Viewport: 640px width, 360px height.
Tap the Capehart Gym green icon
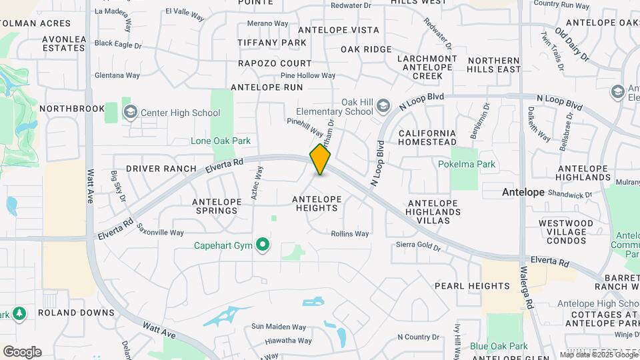tap(263, 245)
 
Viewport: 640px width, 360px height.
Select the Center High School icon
tap(129, 113)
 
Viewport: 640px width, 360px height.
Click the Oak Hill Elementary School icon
tap(383, 106)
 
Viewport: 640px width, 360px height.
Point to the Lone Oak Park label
tap(221, 141)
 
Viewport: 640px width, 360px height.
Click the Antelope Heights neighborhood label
tap(317, 203)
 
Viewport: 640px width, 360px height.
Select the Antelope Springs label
tap(215, 206)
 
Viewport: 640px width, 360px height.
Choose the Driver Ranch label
tap(161, 169)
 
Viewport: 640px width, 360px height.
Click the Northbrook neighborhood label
tap(72, 109)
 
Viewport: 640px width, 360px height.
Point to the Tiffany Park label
tap(272, 43)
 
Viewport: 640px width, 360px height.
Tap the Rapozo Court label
tap(275, 63)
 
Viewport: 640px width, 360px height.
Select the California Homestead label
tap(427, 137)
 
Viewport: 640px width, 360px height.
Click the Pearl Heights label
tap(472, 285)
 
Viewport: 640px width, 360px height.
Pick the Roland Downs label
tap(76, 313)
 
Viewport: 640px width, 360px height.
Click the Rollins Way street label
tap(350, 234)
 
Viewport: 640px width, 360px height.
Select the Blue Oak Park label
tap(499, 346)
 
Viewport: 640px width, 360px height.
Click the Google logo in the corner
tap(22, 351)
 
